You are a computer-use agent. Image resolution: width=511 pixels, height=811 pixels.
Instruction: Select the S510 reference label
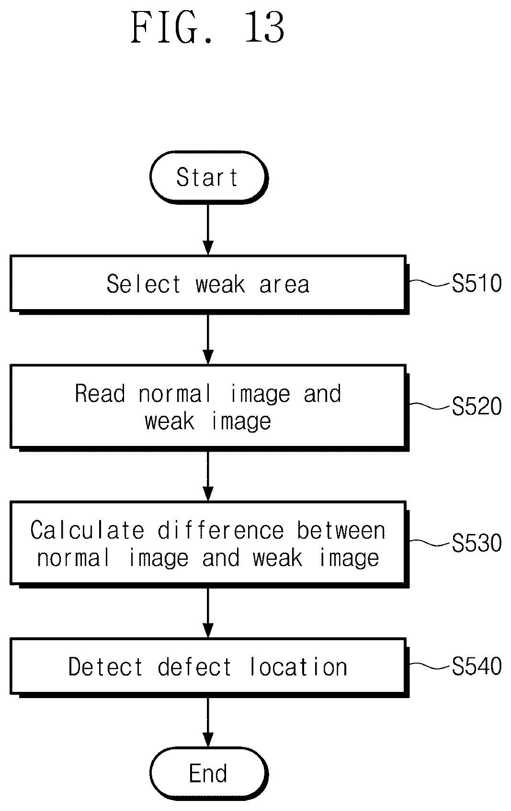pos(477,283)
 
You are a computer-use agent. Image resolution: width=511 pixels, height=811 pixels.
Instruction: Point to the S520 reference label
pos(477,406)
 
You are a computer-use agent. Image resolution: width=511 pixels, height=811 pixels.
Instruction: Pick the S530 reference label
pos(477,543)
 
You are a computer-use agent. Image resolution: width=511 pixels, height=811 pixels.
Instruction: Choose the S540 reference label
pos(477,666)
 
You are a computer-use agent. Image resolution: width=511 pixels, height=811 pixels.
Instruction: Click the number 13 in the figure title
pos(264,27)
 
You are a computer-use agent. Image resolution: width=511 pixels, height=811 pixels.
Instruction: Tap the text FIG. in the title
pos(172,27)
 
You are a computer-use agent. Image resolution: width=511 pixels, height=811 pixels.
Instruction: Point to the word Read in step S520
pos(100,393)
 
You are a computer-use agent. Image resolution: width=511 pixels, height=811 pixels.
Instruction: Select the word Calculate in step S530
pos(87,530)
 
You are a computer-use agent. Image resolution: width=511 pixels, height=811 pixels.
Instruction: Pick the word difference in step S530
pos(220,530)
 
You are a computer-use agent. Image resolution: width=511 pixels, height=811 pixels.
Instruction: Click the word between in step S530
pos(341,530)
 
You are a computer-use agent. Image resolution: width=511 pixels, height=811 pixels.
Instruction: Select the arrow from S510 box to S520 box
pos(208,340)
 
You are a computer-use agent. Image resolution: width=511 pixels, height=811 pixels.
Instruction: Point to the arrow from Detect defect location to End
pos(208,722)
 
